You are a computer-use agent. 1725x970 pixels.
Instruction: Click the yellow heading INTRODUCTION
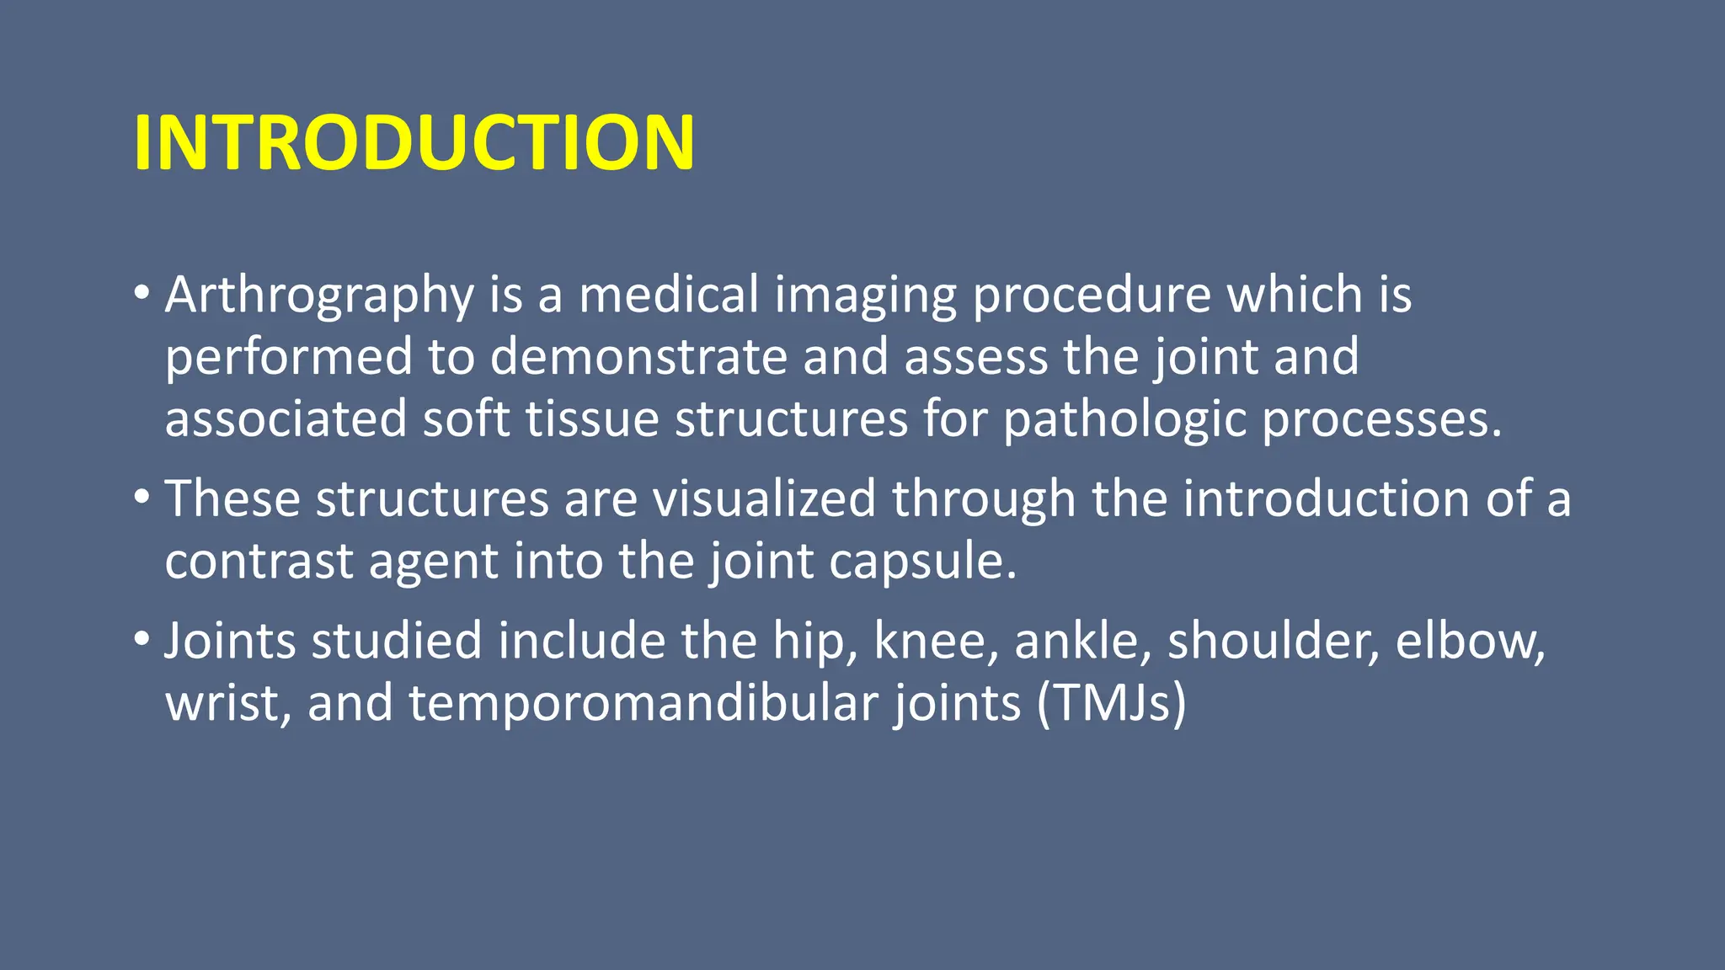[x=414, y=143]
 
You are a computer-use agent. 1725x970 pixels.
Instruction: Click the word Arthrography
[x=319, y=296]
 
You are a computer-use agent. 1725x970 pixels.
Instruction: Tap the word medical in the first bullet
[x=669, y=296]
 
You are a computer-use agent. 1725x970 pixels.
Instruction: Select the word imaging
[x=865, y=296]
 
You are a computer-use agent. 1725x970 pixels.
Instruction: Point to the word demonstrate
[x=638, y=357]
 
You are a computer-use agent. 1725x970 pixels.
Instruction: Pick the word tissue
[x=591, y=419]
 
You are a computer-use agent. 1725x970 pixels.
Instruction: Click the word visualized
[x=763, y=498]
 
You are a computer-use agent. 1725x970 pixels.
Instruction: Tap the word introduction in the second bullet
[x=1326, y=498]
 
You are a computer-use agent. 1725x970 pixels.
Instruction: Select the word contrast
[x=259, y=561]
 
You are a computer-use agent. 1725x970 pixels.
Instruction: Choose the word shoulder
[x=1272, y=642]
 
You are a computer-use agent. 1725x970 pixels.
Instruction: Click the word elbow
[x=1469, y=642]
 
